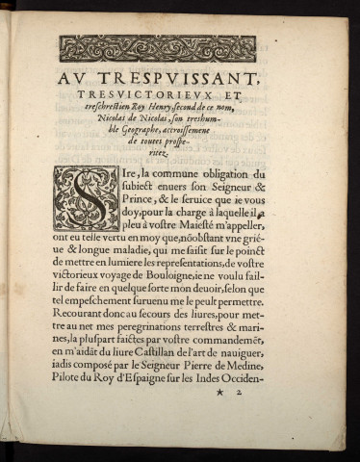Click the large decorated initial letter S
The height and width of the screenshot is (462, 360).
click(86, 197)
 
